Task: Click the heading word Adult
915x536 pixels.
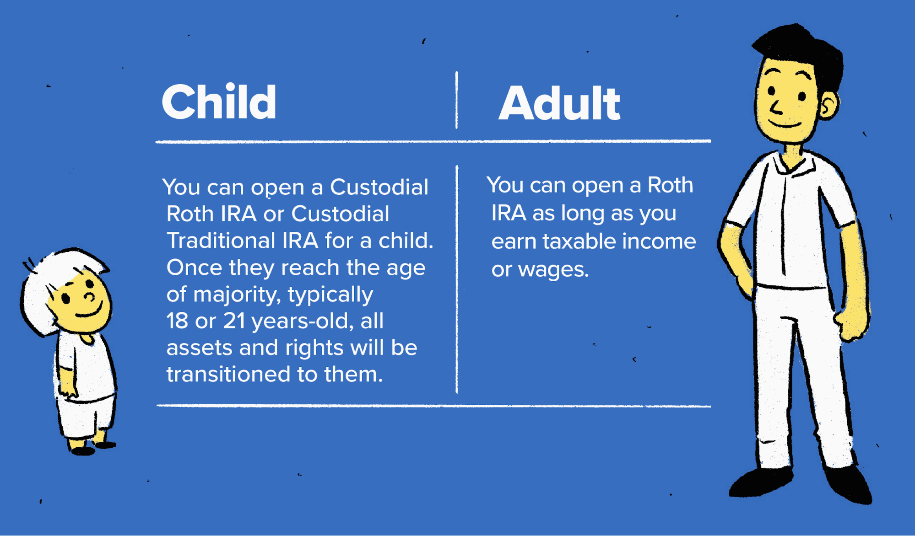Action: pyautogui.click(x=559, y=104)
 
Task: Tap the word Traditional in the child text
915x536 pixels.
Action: pyautogui.click(x=221, y=241)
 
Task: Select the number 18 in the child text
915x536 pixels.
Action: pyautogui.click(x=177, y=321)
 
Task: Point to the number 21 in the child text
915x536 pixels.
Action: pyautogui.click(x=234, y=321)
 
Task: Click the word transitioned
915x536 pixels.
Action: pyautogui.click(x=228, y=374)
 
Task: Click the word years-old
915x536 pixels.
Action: pyautogui.click(x=303, y=321)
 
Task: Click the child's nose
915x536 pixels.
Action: pyautogui.click(x=90, y=297)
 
